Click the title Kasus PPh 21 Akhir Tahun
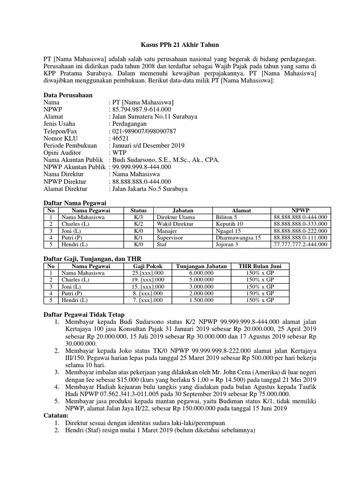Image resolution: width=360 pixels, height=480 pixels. point(180,45)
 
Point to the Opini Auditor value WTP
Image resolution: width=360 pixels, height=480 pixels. point(118,152)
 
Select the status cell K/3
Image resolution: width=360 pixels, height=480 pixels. point(138,217)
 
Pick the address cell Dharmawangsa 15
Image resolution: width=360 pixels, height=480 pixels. point(238,238)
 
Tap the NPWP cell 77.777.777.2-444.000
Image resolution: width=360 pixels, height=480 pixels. point(300,244)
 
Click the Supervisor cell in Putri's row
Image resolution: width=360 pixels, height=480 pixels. point(170,238)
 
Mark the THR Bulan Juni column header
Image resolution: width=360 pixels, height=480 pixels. point(263,266)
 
